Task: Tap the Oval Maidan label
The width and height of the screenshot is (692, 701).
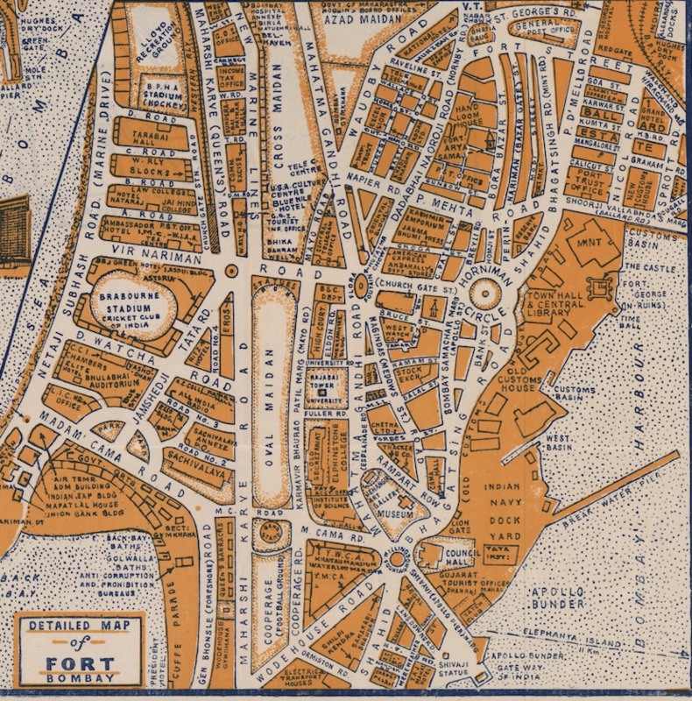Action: (273, 412)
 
